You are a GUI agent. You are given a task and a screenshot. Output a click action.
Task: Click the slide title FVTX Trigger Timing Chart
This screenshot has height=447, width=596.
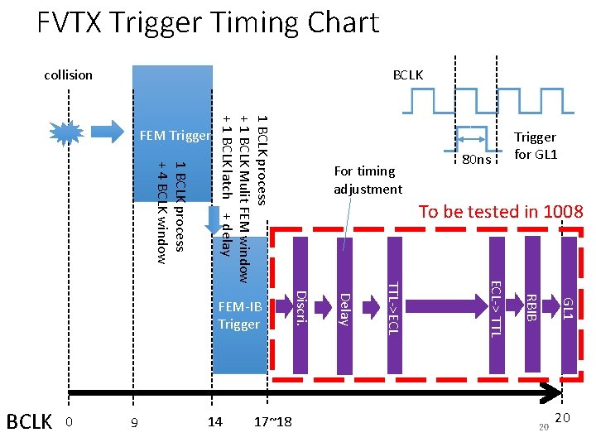[x=207, y=22]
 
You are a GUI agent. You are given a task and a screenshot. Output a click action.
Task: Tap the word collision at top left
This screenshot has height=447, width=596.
[x=68, y=75]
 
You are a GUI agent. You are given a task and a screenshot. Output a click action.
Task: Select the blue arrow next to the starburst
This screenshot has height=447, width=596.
[x=105, y=132]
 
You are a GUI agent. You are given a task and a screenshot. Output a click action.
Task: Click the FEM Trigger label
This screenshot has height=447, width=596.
[x=175, y=135]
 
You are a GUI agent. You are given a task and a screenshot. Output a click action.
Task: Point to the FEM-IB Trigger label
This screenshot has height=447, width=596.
[x=239, y=315]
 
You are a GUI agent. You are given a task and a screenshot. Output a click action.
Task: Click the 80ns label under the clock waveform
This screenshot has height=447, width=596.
[x=476, y=158]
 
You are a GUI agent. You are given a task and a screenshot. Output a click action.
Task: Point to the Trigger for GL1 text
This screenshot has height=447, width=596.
[x=535, y=146]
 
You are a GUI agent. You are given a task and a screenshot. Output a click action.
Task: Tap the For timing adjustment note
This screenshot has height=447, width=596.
[x=368, y=180]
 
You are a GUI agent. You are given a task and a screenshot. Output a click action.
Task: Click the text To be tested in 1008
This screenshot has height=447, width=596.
[x=501, y=211]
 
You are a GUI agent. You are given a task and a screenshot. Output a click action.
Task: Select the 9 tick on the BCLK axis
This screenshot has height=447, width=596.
[x=134, y=423]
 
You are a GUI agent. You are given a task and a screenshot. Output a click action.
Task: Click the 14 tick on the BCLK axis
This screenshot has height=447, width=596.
[x=215, y=422]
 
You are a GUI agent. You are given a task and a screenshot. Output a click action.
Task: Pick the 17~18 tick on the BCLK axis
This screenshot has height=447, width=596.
[x=273, y=422]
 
